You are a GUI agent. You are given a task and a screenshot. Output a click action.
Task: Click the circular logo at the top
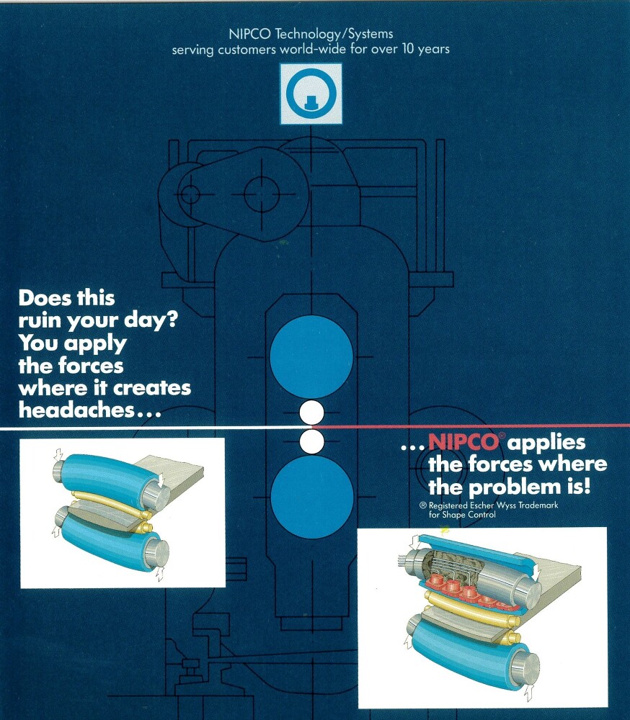311,94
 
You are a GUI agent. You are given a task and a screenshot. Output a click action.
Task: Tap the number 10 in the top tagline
409,49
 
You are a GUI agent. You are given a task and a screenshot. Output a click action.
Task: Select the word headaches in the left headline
76,410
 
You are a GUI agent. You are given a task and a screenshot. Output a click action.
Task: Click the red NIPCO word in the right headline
463,442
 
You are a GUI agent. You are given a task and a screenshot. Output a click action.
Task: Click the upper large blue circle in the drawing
311,357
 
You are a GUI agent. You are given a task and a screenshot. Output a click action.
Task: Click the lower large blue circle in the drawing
312,497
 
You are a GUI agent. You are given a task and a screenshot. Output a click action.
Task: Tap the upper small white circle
311,413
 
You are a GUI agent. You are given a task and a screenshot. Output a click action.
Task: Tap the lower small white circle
311,441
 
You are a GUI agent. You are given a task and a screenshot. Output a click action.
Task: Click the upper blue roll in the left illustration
110,477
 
